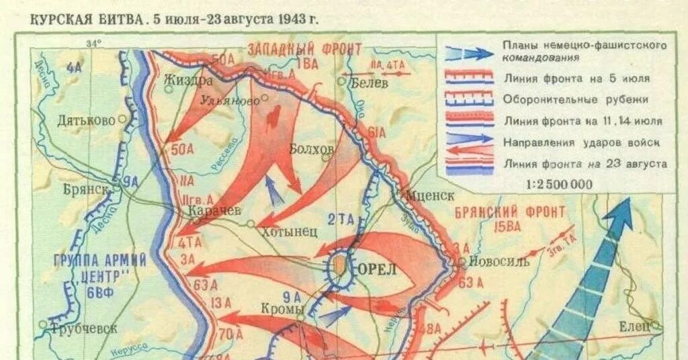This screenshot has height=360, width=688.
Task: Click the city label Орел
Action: pyautogui.click(x=377, y=268)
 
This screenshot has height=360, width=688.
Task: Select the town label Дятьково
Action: pyautogui.click(x=87, y=122)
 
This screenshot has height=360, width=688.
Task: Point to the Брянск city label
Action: pyautogui.click(x=87, y=189)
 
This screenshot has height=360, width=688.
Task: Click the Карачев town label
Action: pyautogui.click(x=214, y=210)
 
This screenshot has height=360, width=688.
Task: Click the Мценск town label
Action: pyautogui.click(x=430, y=194)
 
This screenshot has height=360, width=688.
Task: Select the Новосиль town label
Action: pyautogui.click(x=499, y=261)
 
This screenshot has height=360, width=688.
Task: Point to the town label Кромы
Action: pyautogui.click(x=282, y=309)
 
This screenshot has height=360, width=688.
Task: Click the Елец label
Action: pyautogui.click(x=635, y=326)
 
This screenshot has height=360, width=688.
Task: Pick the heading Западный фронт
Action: pyautogui.click(x=304, y=49)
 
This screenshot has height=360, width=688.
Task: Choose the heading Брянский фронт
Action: pyautogui.click(x=510, y=212)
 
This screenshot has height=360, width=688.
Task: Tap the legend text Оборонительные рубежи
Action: pyautogui.click(x=576, y=99)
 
